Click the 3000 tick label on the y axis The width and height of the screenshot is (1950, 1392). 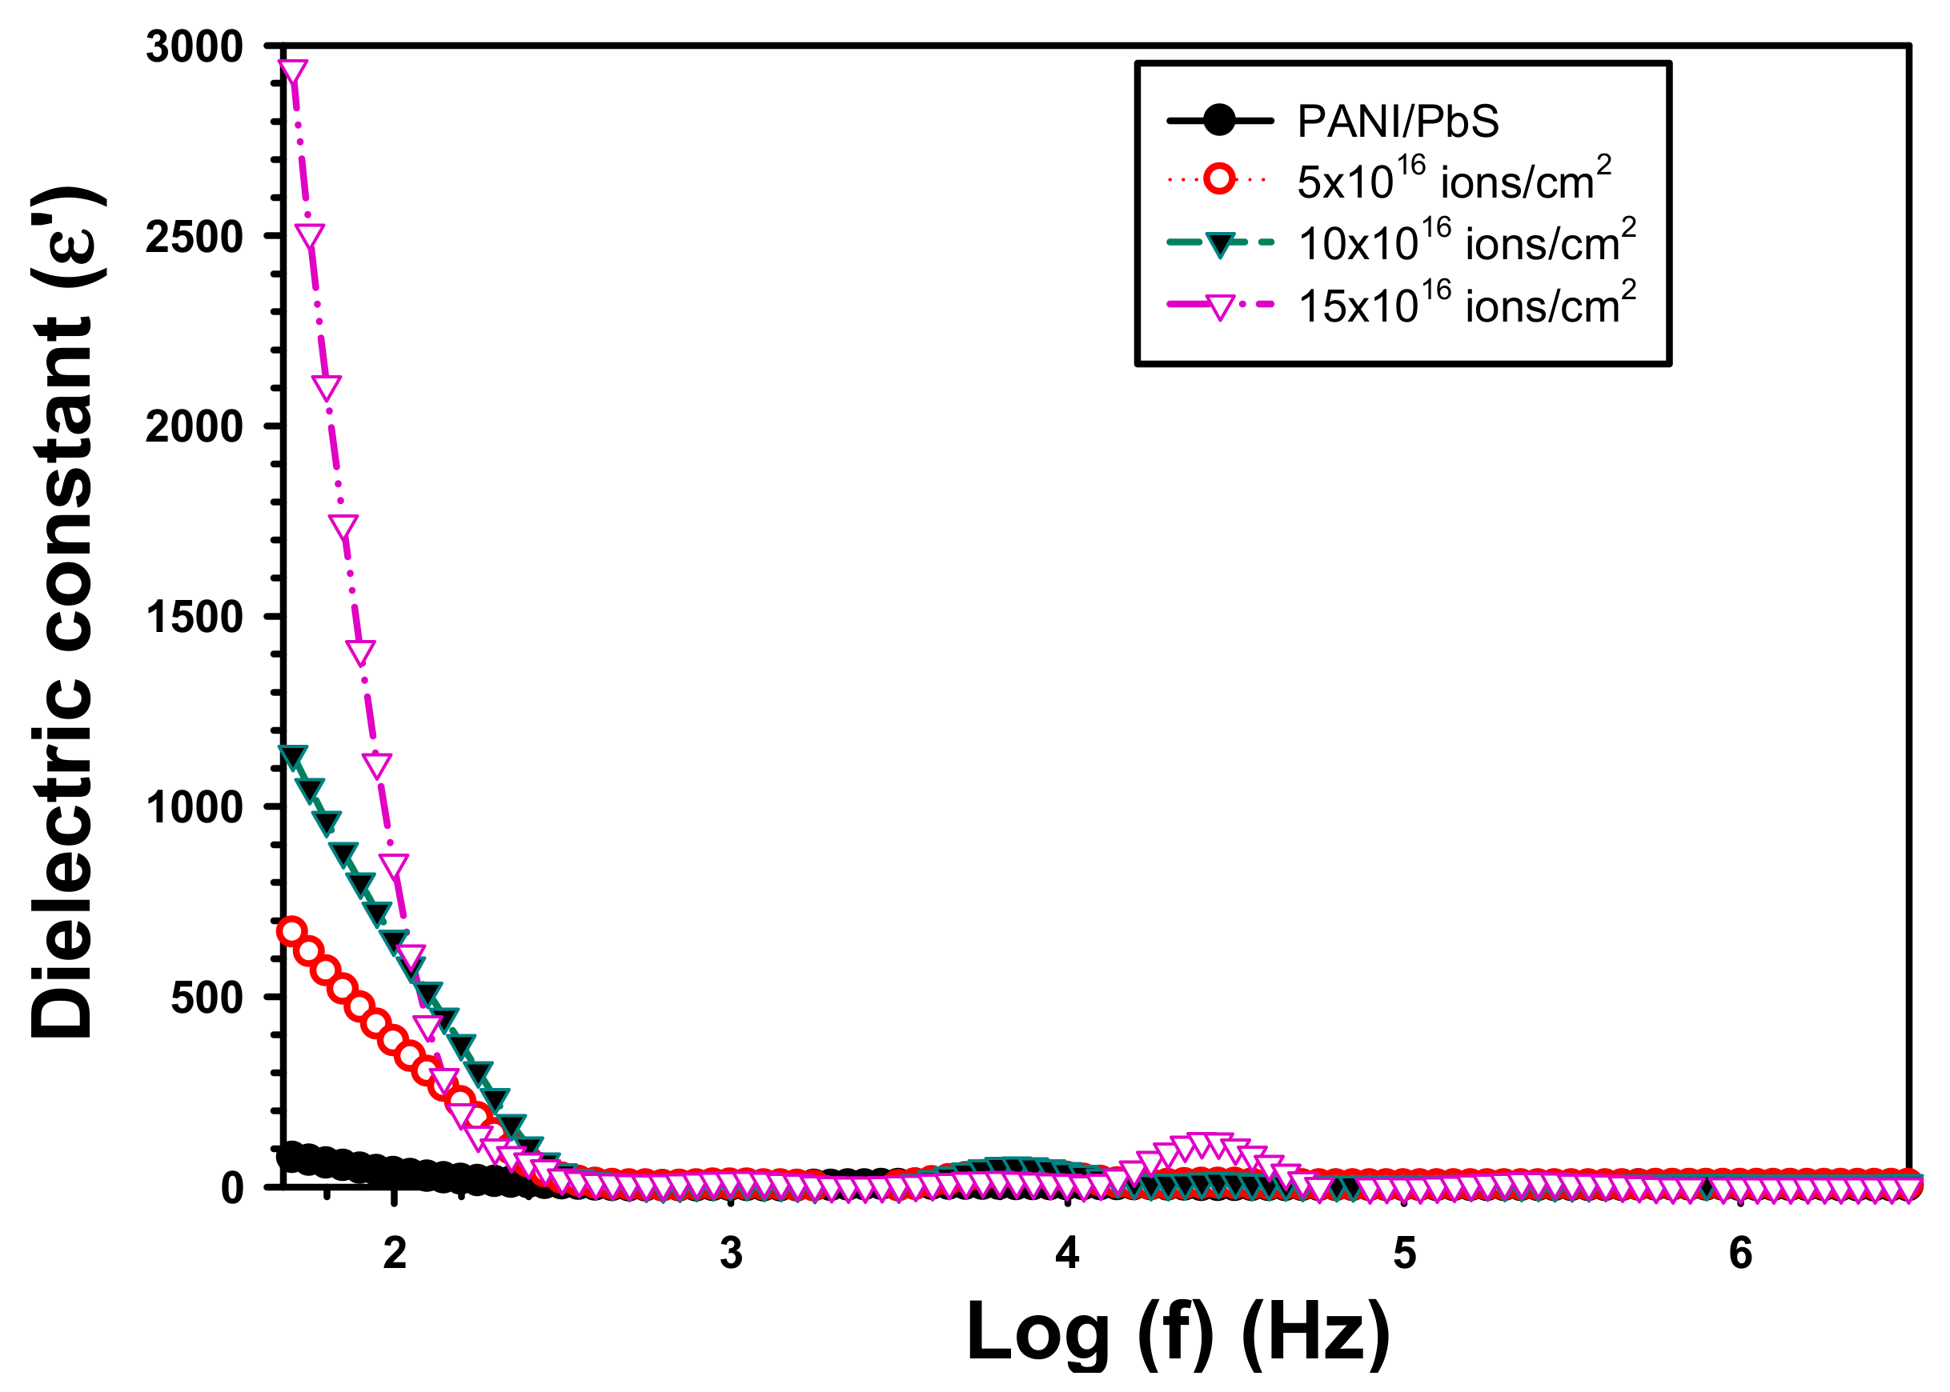[195, 46]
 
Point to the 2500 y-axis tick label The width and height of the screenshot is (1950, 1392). [195, 237]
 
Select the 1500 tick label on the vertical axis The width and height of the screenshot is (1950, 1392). [195, 617]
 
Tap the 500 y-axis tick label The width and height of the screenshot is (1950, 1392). [207, 998]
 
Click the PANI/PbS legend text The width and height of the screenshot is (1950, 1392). [1398, 121]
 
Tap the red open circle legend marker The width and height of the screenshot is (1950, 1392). [1218, 179]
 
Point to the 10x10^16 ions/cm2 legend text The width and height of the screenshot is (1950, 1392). [1467, 242]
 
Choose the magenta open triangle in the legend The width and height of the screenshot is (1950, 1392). [1218, 306]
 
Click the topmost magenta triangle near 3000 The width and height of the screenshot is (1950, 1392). [293, 71]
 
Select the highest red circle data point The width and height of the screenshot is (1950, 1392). [292, 931]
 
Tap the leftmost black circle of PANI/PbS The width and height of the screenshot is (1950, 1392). [291, 1154]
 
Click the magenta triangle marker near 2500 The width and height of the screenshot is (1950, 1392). [310, 236]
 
